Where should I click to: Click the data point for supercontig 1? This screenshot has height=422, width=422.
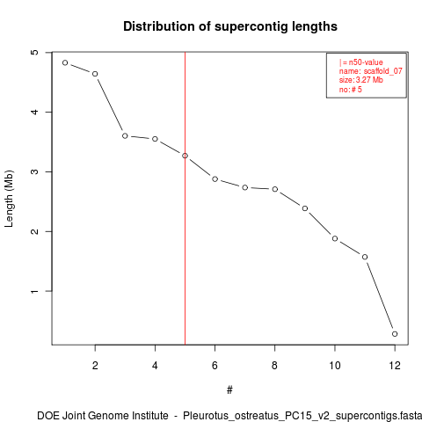(x=65, y=62)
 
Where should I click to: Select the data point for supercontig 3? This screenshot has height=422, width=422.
(x=125, y=135)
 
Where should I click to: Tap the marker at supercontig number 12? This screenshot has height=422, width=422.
(x=395, y=334)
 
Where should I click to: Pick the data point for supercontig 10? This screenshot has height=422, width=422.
(x=335, y=238)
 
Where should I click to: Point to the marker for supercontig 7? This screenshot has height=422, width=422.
(x=245, y=187)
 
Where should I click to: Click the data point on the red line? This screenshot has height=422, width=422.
(x=185, y=156)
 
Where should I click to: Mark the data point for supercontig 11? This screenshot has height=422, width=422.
(x=365, y=257)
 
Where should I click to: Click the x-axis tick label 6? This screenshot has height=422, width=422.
(x=215, y=366)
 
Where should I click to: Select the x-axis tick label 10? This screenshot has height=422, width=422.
(x=335, y=366)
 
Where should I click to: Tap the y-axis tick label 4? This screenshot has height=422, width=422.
(x=34, y=112)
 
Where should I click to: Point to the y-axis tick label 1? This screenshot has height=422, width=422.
(x=34, y=291)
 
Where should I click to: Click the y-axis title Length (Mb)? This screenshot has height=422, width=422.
(x=9, y=199)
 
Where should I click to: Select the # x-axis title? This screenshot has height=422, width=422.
(x=229, y=390)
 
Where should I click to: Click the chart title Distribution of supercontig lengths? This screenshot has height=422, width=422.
(x=230, y=26)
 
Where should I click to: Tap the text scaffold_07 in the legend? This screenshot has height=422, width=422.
(x=383, y=71)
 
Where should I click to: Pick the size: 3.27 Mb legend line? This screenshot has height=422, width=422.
(x=361, y=80)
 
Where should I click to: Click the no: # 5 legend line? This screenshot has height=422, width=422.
(x=351, y=89)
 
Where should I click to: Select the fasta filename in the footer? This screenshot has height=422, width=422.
(x=302, y=416)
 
